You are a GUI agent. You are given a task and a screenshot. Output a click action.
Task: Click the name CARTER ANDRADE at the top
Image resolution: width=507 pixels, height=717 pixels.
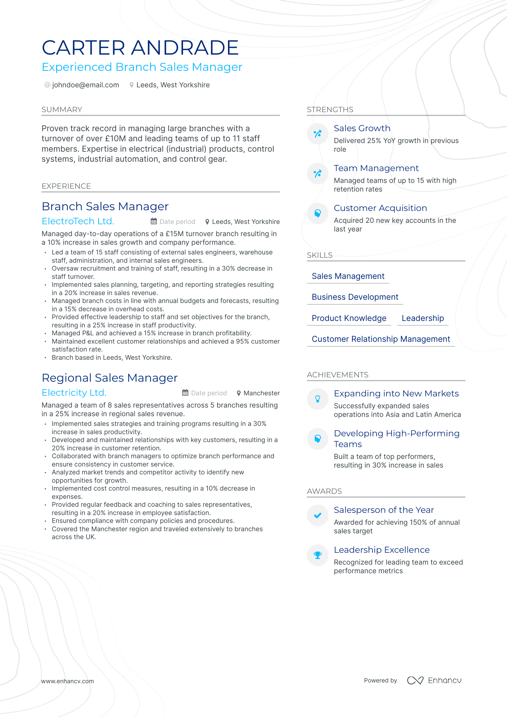click(140, 48)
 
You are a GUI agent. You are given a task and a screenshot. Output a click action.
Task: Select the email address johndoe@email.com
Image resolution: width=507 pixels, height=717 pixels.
click(85, 85)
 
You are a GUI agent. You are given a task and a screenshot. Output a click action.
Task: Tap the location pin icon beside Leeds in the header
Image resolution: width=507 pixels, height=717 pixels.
click(132, 85)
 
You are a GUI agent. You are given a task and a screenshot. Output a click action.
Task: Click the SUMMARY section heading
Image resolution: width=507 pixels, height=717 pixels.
click(62, 110)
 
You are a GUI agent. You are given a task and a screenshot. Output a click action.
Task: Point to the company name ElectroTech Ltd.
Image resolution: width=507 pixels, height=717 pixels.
click(78, 221)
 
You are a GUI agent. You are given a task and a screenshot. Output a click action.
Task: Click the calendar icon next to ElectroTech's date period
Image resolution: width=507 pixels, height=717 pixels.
click(154, 221)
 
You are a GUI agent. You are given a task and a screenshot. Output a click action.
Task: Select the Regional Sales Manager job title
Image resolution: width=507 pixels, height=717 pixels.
click(110, 378)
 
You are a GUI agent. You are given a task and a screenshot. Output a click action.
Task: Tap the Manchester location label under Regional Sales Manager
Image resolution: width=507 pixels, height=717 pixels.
click(261, 393)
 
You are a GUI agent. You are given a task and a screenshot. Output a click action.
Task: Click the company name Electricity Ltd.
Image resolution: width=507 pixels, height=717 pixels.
click(74, 392)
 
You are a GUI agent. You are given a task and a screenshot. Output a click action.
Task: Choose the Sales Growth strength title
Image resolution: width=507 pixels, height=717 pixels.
click(362, 128)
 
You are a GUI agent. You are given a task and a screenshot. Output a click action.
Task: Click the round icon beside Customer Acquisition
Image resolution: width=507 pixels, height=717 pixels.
click(318, 213)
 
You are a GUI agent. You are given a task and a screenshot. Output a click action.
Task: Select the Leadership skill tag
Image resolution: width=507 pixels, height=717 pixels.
click(422, 318)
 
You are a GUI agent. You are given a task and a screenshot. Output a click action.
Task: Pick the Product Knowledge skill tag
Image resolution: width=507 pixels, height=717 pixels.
click(349, 318)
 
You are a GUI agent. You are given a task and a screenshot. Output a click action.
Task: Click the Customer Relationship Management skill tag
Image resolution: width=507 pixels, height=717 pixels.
click(381, 339)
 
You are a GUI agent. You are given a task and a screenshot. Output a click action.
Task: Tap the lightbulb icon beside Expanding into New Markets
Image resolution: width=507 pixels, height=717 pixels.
click(318, 399)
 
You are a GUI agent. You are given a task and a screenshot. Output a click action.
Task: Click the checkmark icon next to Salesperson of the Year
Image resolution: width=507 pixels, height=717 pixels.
click(318, 515)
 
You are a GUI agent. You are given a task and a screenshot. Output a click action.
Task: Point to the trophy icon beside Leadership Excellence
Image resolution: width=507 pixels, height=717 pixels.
click(318, 555)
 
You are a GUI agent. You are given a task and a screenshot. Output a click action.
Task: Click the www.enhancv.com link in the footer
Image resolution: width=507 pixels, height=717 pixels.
click(67, 681)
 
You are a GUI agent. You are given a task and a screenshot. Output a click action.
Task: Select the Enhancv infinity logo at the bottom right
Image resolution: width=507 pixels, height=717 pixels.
click(415, 680)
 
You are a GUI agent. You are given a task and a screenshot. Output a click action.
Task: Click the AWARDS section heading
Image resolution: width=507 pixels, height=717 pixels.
click(324, 491)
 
